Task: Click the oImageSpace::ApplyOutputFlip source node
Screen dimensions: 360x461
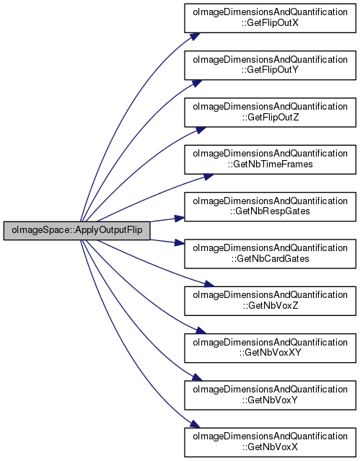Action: pyautogui.click(x=76, y=231)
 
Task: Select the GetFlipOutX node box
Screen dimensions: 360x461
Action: pyautogui.click(x=270, y=18)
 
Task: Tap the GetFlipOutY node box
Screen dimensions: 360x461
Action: pyautogui.click(x=270, y=65)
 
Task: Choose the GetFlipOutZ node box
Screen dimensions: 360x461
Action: pyautogui.click(x=270, y=113)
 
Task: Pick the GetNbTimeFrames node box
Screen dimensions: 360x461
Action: pyautogui.click(x=270, y=159)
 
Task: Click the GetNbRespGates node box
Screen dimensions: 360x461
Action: pyautogui.click(x=270, y=206)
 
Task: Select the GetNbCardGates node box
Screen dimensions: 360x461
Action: pyautogui.click(x=270, y=254)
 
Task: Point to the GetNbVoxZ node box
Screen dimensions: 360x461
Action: pyautogui.click(x=270, y=301)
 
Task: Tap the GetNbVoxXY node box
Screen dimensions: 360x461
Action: pyautogui.click(x=270, y=348)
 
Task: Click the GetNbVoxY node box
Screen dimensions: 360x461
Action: pyautogui.click(x=270, y=395)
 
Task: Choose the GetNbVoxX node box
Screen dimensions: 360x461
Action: pyautogui.click(x=270, y=442)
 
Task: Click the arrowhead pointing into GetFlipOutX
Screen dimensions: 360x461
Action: pyautogui.click(x=195, y=37)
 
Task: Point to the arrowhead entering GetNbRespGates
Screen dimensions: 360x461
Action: pyautogui.click(x=180, y=218)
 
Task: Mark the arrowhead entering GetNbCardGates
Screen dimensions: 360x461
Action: pyautogui.click(x=180, y=242)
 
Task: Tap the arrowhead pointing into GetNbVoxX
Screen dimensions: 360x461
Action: pyautogui.click(x=195, y=424)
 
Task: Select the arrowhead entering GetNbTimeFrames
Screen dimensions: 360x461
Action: pyautogui.click(x=208, y=177)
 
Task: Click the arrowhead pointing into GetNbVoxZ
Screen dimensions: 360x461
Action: pyautogui.click(x=208, y=284)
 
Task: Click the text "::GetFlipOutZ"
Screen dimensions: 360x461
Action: pyautogui.click(x=271, y=118)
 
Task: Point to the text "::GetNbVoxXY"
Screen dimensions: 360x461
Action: pyautogui.click(x=271, y=353)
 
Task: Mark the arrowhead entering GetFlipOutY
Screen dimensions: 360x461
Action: pyautogui.click(x=198, y=83)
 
